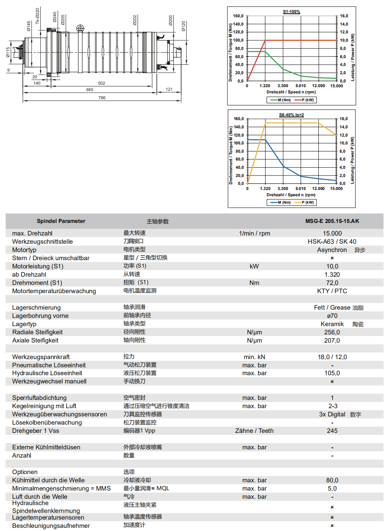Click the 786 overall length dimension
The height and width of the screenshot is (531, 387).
(102, 98)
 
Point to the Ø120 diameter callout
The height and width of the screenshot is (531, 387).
(183, 26)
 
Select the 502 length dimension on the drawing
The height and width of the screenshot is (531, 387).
(102, 83)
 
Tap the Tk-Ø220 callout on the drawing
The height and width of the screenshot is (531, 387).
(38, 16)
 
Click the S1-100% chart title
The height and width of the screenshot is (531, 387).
(291, 12)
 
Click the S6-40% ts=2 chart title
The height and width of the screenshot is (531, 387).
(291, 115)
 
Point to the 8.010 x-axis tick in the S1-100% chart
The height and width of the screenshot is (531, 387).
(301, 86)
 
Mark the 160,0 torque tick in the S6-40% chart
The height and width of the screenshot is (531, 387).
(238, 119)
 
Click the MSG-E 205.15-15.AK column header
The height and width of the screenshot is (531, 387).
(332, 221)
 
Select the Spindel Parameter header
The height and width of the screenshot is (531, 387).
(61, 221)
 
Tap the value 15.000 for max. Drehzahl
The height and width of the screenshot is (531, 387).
(332, 234)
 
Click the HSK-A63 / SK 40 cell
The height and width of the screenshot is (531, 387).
(332, 242)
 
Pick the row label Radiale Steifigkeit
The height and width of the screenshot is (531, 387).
(37, 332)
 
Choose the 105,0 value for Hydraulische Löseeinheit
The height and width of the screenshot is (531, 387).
(332, 373)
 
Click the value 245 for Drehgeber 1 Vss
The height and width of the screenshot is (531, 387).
(332, 431)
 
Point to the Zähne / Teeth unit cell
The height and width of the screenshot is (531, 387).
(254, 431)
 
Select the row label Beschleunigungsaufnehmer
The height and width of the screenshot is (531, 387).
(51, 526)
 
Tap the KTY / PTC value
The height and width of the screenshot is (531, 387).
(332, 291)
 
